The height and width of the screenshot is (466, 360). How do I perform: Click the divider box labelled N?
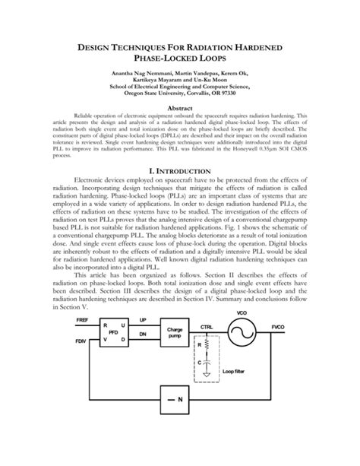180,420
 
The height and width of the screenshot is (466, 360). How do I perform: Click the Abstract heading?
179,109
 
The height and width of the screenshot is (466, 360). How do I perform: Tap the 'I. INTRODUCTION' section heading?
179,193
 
